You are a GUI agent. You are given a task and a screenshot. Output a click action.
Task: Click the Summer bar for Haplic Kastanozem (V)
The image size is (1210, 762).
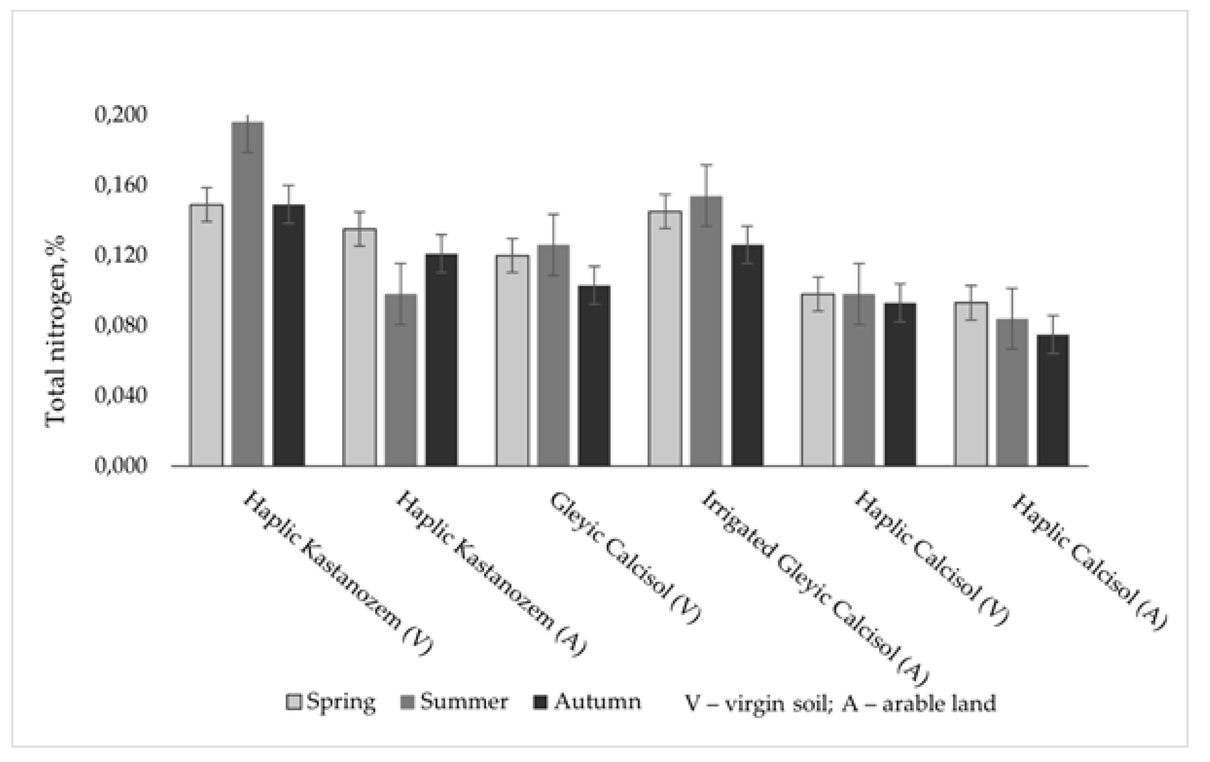pyautogui.click(x=248, y=294)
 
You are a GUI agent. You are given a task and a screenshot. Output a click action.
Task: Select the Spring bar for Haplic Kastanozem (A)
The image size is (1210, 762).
pyautogui.click(x=359, y=347)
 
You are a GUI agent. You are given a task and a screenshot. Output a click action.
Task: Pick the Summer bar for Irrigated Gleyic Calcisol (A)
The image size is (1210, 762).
pyautogui.click(x=706, y=331)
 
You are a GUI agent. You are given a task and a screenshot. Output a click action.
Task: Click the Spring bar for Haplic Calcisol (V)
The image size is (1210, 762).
pyautogui.click(x=818, y=380)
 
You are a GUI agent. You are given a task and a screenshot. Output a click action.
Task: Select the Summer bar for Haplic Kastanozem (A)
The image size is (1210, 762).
pyautogui.click(x=400, y=380)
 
